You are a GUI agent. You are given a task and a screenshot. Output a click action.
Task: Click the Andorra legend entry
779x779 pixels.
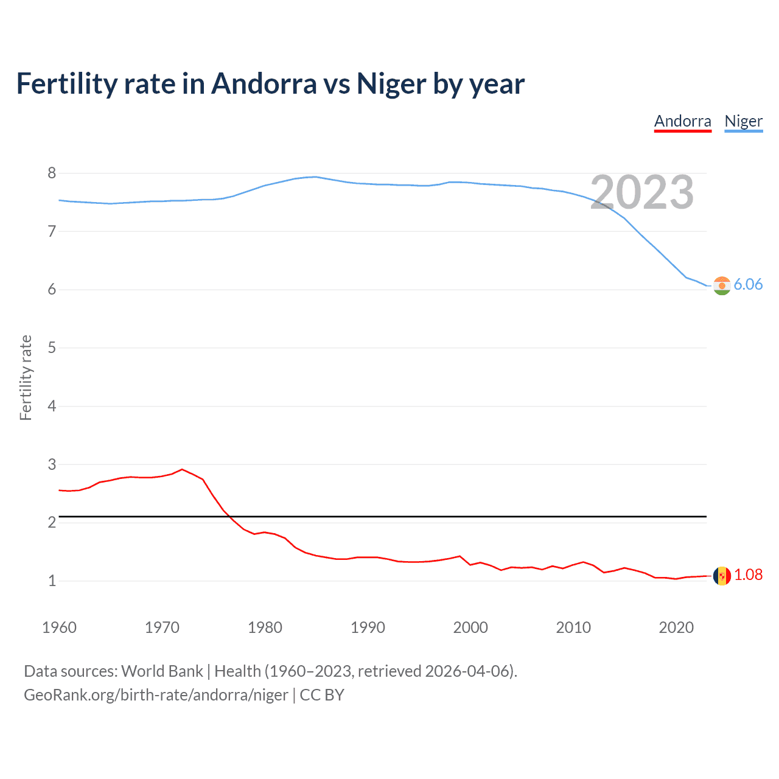click(682, 121)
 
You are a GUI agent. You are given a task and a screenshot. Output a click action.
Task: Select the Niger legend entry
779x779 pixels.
click(743, 121)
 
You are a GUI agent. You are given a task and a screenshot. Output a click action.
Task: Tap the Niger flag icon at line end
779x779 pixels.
click(722, 285)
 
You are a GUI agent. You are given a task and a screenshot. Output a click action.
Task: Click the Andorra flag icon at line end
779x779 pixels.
click(722, 576)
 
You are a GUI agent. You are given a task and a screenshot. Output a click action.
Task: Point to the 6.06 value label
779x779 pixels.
click(748, 284)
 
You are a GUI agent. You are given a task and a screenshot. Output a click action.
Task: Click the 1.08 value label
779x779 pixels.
click(748, 575)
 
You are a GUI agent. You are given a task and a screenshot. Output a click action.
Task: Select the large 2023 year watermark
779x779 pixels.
click(642, 192)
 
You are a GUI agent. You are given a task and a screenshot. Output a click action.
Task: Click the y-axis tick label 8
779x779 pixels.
click(52, 173)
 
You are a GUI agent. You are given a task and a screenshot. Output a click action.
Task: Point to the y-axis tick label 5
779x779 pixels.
click(52, 348)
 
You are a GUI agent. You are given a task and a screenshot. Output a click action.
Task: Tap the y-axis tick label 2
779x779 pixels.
click(52, 522)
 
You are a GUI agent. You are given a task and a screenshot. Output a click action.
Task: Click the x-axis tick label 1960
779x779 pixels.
click(59, 627)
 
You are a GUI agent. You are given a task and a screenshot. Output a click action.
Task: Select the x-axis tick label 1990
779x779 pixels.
click(368, 627)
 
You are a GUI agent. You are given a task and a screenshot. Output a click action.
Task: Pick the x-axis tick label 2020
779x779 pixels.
click(676, 627)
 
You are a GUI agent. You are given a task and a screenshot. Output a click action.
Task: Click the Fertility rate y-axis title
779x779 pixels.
click(26, 377)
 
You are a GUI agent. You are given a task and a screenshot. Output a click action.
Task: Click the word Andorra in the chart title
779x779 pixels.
click(264, 83)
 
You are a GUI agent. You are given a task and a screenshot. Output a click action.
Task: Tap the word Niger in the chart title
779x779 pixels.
click(391, 83)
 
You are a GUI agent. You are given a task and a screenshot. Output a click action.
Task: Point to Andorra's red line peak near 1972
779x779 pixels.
click(182, 469)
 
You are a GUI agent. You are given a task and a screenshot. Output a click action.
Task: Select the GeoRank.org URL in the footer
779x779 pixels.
click(156, 695)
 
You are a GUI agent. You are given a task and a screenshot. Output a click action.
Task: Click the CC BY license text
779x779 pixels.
click(322, 695)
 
